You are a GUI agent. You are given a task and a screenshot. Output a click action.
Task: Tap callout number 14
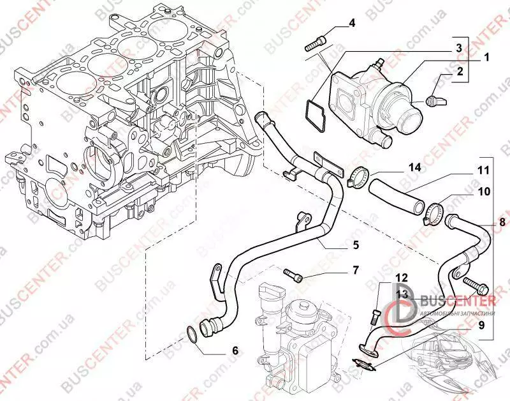point(415,168)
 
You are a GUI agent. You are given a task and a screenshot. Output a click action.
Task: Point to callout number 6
point(235,350)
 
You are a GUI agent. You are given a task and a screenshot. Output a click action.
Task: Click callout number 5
point(356,245)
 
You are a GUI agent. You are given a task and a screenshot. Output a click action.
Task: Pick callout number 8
point(502,222)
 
